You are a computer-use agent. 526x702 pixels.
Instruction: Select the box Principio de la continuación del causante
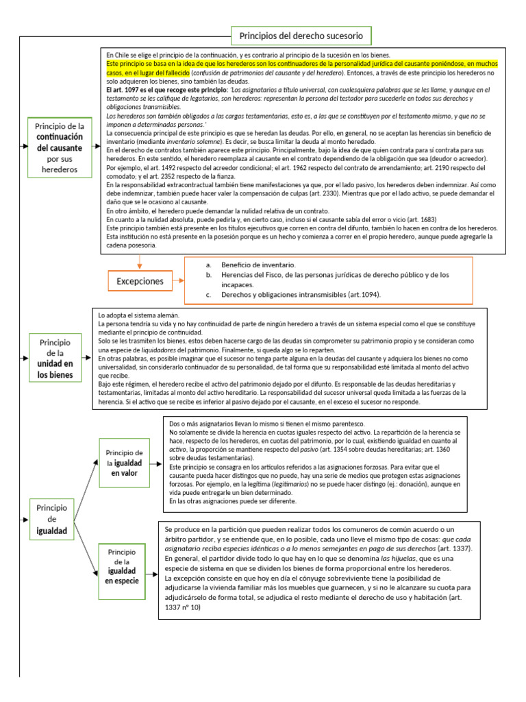[60, 147]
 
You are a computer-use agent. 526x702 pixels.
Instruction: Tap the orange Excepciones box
[140, 281]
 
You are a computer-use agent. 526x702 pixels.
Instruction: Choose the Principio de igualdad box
[51, 519]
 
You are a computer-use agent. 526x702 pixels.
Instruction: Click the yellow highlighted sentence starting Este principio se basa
[301, 66]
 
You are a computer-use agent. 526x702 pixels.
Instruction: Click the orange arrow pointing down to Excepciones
[140, 261]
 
